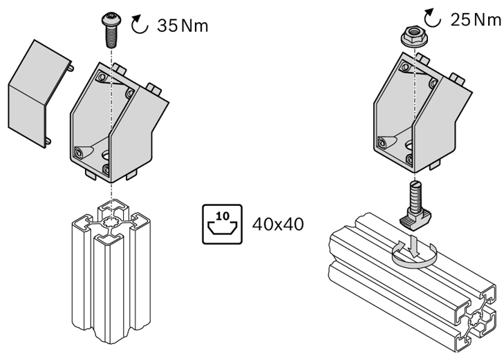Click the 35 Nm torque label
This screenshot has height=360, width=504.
[x=183, y=26]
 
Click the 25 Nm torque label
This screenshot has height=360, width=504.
[x=476, y=20]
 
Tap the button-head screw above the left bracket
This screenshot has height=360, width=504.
[x=111, y=30]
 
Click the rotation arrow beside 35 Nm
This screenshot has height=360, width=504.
[x=140, y=24]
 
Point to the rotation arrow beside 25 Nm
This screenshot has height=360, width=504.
[x=432, y=18]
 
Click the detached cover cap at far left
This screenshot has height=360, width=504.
[x=39, y=94]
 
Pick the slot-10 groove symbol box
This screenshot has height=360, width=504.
[x=222, y=224]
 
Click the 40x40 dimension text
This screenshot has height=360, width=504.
[x=278, y=224]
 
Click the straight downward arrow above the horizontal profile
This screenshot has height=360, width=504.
[x=415, y=246]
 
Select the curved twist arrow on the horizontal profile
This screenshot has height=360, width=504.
[x=414, y=255]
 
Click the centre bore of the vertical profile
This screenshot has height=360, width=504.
[x=111, y=222]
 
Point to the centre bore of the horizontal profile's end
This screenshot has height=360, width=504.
[x=475, y=320]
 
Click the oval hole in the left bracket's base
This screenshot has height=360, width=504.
[x=106, y=155]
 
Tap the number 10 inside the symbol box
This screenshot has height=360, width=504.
[x=222, y=216]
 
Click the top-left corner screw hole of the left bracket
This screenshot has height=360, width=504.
[x=102, y=77]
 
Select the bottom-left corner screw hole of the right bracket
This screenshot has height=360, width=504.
[x=382, y=142]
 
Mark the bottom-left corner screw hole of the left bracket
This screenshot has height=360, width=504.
[x=79, y=152]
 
